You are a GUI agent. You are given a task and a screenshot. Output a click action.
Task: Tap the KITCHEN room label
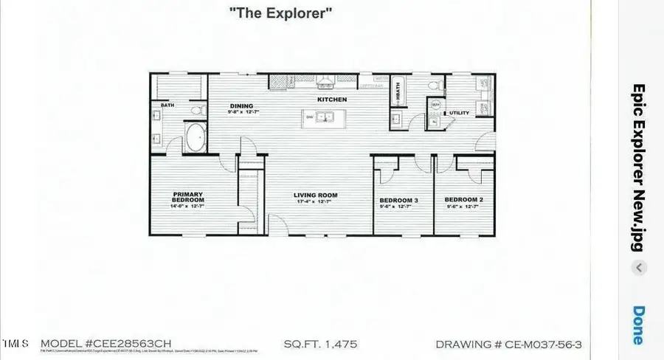(x=332, y=100)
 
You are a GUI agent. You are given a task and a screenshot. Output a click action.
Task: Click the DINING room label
(x=241, y=105)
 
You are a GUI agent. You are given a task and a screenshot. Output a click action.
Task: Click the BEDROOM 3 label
(x=399, y=201)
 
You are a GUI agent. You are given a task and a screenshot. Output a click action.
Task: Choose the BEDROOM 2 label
(x=463, y=200)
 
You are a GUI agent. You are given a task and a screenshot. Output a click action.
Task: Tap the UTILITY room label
(x=460, y=113)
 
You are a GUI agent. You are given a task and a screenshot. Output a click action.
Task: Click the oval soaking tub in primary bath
(x=195, y=138)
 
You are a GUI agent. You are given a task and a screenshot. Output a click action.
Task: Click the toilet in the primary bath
(x=196, y=111)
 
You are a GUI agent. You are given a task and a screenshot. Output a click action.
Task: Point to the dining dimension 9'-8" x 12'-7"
(x=243, y=112)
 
